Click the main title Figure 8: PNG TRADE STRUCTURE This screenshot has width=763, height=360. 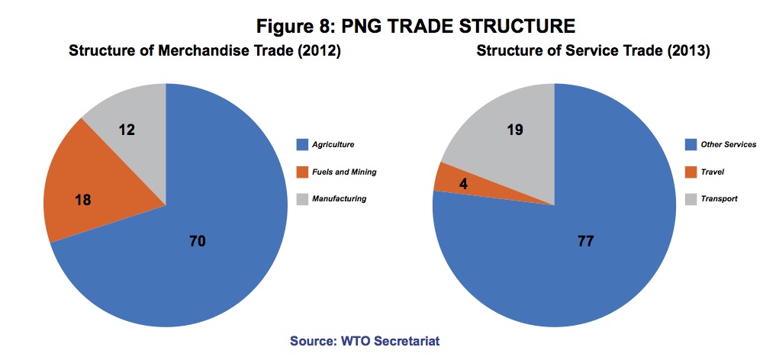click(416, 26)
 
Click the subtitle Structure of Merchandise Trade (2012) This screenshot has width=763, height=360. click(204, 51)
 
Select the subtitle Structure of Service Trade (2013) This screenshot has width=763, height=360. click(593, 51)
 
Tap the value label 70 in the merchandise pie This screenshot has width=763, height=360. click(197, 241)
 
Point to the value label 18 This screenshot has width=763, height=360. click(84, 200)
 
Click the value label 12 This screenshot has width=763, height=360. click(127, 130)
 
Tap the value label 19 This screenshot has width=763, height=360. click(515, 130)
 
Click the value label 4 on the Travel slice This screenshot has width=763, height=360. click(463, 184)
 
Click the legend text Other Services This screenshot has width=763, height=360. click(729, 144)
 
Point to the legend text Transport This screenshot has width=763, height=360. click(720, 199)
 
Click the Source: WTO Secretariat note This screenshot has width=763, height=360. click(365, 340)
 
